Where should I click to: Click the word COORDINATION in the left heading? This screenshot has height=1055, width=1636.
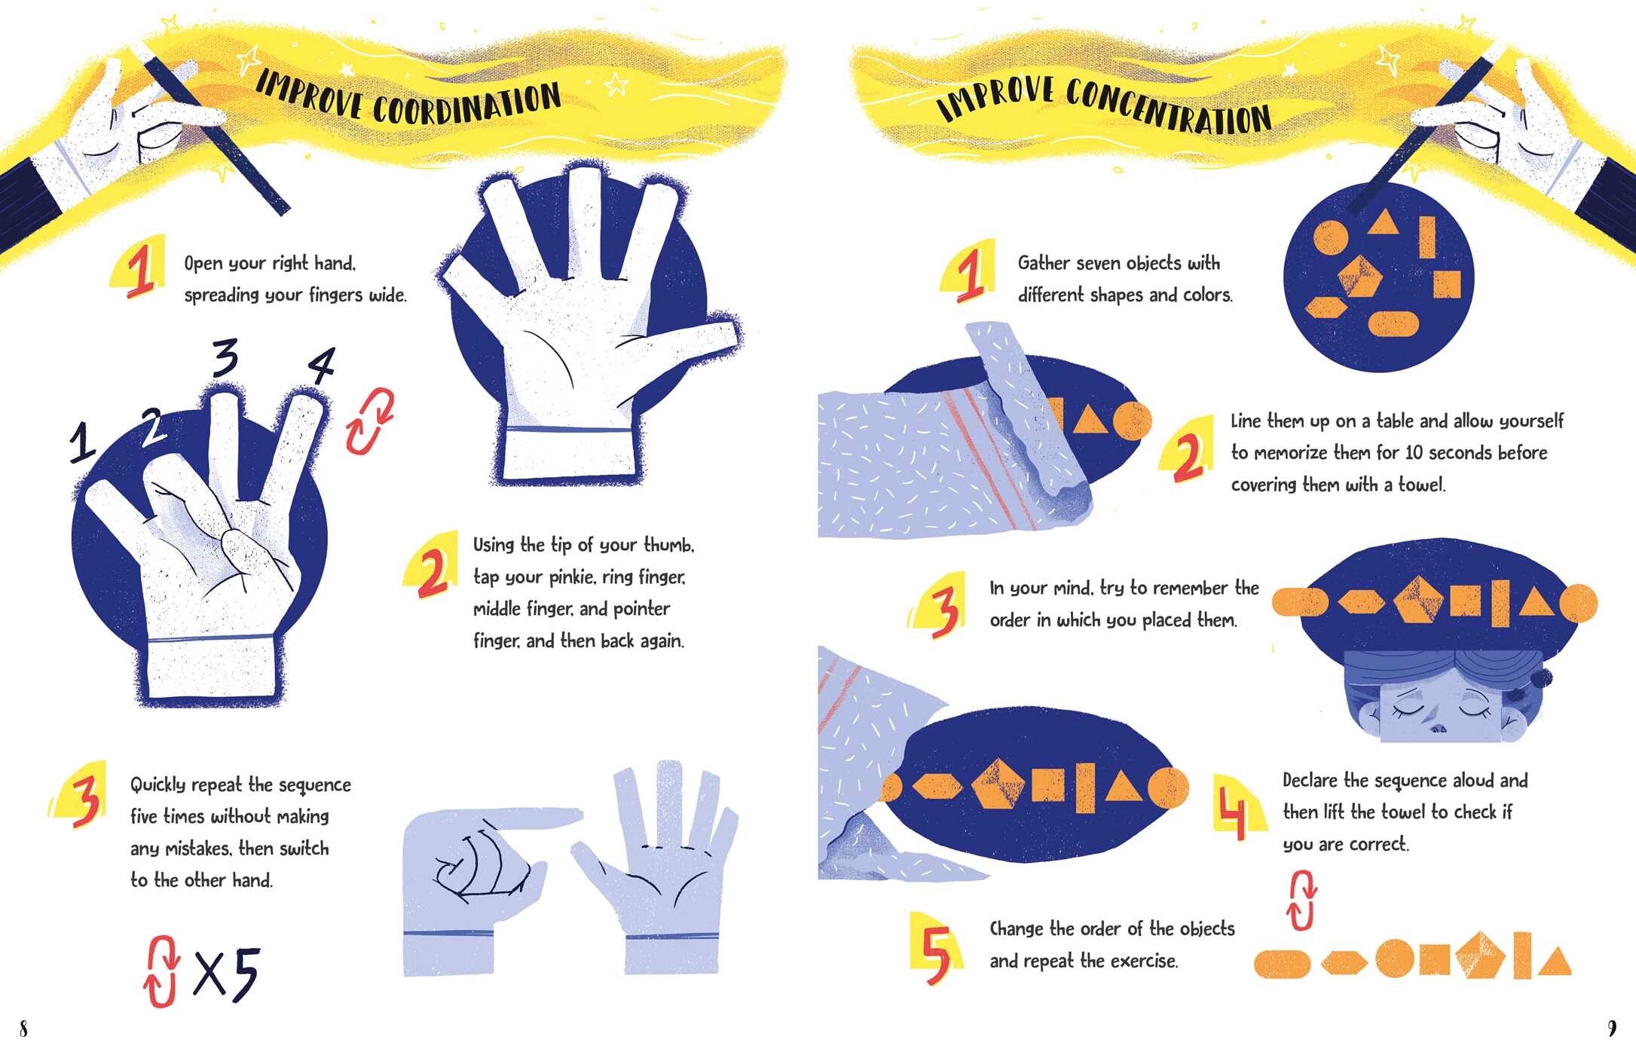pyautogui.click(x=467, y=103)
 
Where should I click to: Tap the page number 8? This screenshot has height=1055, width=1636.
pyautogui.click(x=23, y=1028)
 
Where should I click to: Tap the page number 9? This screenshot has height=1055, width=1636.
pyautogui.click(x=1612, y=1028)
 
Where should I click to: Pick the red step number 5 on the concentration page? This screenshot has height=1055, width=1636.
pyautogui.click(x=937, y=954)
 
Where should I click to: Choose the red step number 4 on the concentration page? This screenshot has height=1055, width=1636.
pyautogui.click(x=1232, y=809)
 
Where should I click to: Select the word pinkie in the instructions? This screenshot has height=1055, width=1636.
pyautogui.click(x=573, y=577)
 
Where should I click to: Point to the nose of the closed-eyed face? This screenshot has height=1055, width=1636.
pyautogui.click(x=1438, y=726)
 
